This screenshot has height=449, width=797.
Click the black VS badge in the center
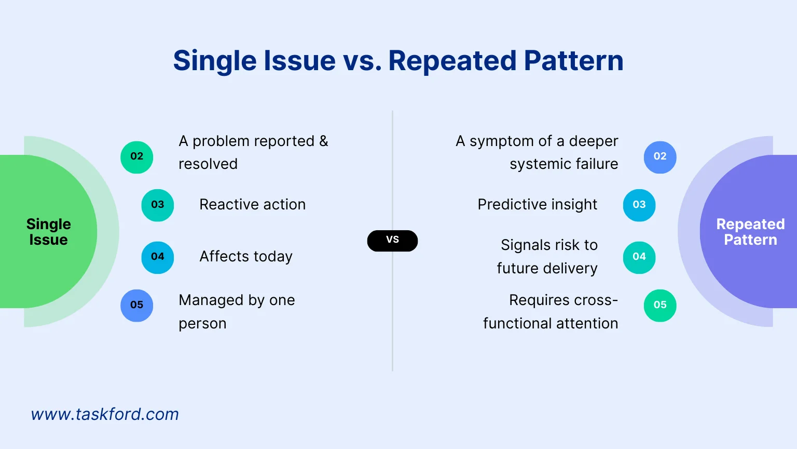click(x=392, y=241)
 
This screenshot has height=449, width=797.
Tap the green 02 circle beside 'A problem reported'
click(x=137, y=157)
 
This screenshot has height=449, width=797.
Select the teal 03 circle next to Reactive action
click(x=158, y=205)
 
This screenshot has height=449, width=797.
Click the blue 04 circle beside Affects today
click(x=158, y=257)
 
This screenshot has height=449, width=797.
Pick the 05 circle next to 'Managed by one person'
click(x=137, y=306)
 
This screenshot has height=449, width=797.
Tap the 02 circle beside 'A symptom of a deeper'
click(x=660, y=157)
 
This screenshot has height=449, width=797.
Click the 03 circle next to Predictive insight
click(x=639, y=205)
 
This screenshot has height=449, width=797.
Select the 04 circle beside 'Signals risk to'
click(x=639, y=257)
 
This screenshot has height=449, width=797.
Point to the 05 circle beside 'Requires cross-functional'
click(x=660, y=306)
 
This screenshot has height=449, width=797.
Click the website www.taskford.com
click(x=105, y=414)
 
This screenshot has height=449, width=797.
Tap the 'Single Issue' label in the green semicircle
click(x=48, y=232)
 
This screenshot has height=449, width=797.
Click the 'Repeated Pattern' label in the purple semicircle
click(x=750, y=232)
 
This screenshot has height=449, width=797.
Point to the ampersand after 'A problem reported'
click(x=324, y=141)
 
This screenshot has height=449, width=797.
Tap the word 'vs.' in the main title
click(x=362, y=61)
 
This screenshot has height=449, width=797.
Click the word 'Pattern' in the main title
click(x=573, y=61)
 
